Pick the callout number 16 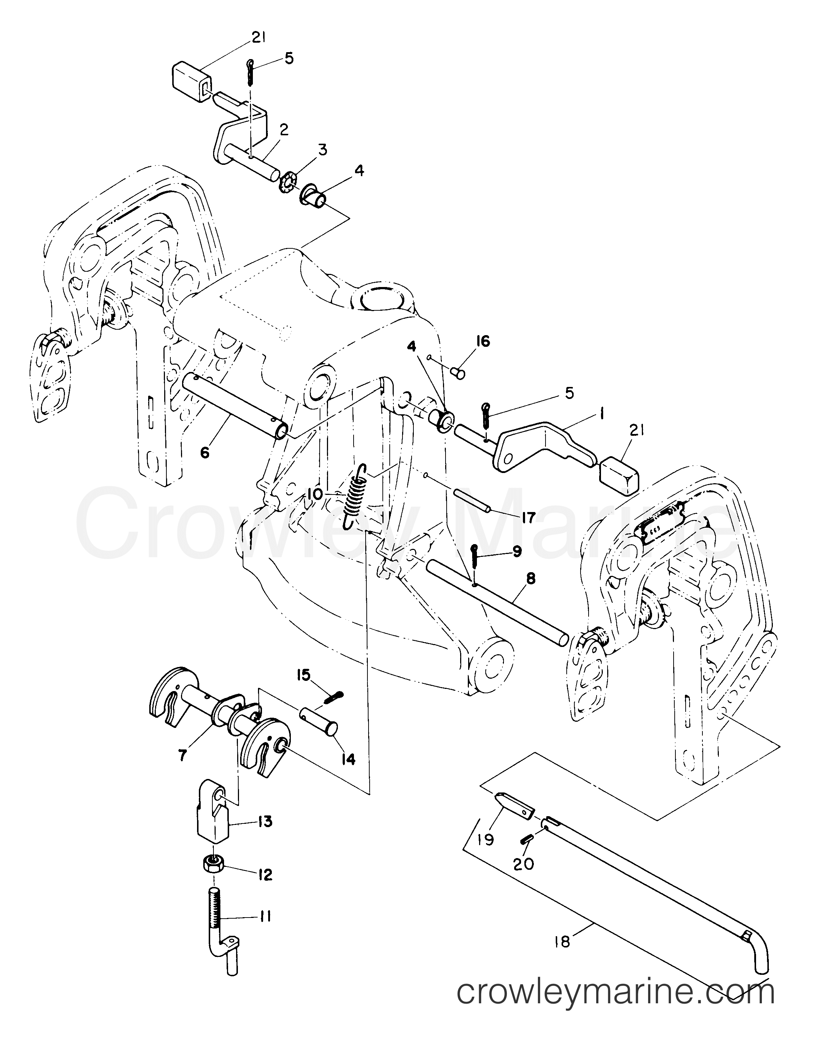click(x=483, y=342)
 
